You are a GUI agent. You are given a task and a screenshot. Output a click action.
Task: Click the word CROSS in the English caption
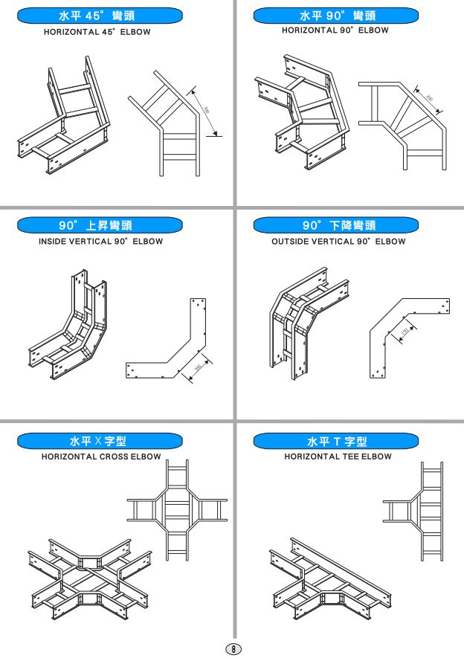(x=115, y=457)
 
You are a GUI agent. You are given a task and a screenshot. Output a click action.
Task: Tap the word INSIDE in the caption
(x=56, y=242)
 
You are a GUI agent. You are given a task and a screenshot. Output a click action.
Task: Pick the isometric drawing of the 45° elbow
(x=63, y=115)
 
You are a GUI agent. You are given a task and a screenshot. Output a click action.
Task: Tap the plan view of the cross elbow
(x=176, y=510)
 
